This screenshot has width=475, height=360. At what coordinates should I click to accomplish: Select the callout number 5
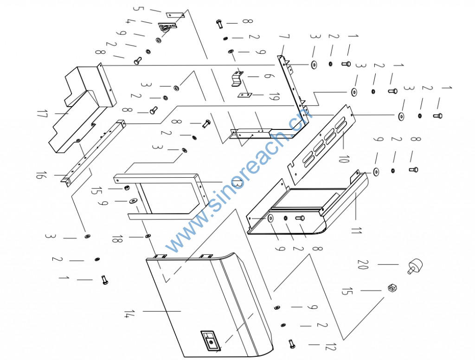(x=138, y=8)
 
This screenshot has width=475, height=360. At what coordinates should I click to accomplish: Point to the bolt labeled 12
(x=292, y=344)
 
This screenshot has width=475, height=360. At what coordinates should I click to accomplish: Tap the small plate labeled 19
(x=244, y=95)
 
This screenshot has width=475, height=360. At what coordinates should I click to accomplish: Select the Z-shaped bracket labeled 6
(x=237, y=78)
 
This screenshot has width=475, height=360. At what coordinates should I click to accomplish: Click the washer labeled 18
(x=148, y=236)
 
